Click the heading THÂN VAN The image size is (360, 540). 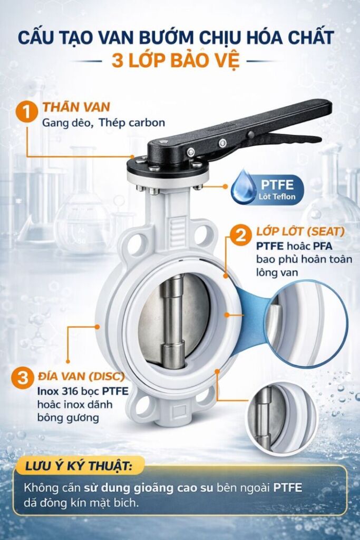click(x=76, y=107)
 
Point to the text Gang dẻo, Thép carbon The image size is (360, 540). click(x=103, y=123)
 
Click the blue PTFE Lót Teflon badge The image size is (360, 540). click(x=268, y=189)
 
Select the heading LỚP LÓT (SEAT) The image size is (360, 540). click(x=300, y=232)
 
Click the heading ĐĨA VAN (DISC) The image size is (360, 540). click(x=81, y=377)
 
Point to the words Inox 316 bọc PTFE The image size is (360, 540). click(x=83, y=391)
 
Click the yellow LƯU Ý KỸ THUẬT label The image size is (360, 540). click(x=79, y=466)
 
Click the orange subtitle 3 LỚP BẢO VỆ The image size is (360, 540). click(x=175, y=61)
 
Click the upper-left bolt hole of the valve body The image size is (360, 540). click(x=139, y=239)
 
